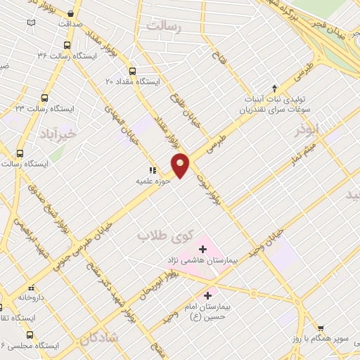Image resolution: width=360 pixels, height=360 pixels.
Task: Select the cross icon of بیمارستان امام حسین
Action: point(207,295)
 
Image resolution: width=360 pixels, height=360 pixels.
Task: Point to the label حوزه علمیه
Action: point(154,181)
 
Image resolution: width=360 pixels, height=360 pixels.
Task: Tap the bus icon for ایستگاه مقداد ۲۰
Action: point(132,70)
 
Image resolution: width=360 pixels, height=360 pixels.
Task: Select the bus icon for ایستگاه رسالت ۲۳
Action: point(44,98)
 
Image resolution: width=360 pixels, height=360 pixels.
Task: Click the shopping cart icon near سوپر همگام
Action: point(321,328)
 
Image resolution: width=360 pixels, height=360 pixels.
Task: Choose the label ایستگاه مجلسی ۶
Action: point(34,346)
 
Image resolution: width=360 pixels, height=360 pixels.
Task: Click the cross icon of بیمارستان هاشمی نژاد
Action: point(202,249)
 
